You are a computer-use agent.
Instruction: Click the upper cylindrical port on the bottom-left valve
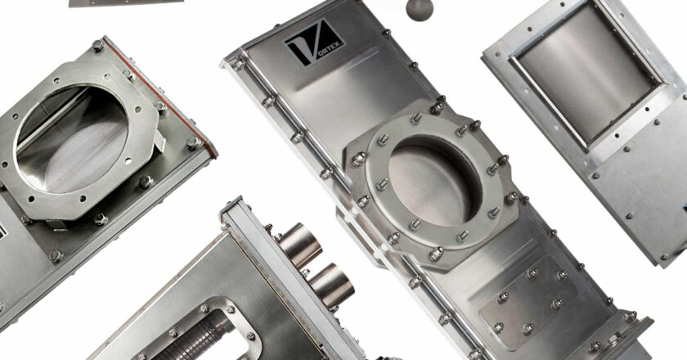point(299,245)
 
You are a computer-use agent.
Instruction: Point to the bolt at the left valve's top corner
point(98,46)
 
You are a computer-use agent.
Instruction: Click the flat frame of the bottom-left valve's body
point(164,270)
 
